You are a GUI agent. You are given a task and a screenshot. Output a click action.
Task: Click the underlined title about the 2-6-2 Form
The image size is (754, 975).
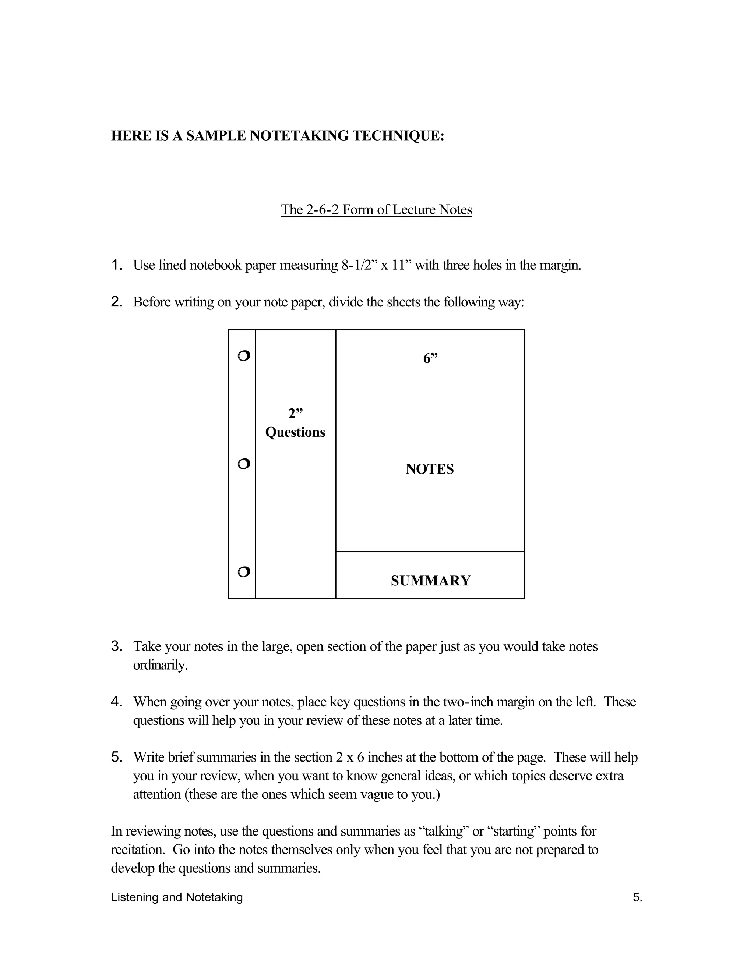click(x=376, y=209)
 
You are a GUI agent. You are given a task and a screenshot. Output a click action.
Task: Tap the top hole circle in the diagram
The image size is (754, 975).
click(x=244, y=356)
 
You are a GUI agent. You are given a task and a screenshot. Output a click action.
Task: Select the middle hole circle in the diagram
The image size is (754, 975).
click(x=244, y=464)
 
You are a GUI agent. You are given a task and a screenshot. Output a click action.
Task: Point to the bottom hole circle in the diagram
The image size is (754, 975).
click(x=244, y=571)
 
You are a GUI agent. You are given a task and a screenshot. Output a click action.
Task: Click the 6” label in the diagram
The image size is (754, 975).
click(x=430, y=358)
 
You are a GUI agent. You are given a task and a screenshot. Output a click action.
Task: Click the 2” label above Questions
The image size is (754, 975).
click(x=295, y=414)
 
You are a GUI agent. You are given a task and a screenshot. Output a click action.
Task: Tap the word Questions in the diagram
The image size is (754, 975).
click(x=295, y=432)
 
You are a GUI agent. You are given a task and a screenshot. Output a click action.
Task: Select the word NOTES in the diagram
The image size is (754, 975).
click(x=430, y=469)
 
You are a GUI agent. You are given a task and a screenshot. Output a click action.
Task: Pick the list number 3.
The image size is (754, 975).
click(x=117, y=646)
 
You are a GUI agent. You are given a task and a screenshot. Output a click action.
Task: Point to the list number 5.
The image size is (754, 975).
click(x=117, y=757)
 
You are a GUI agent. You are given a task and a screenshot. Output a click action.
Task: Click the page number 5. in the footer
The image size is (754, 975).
click(x=637, y=897)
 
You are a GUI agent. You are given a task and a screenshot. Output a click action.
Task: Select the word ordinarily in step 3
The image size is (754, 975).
click(x=160, y=665)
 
